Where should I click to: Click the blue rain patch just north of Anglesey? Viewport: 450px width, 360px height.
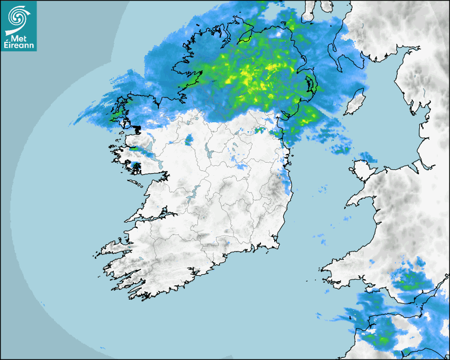click(x=366, y=157)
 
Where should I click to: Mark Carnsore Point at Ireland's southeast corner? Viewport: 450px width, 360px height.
click(x=277, y=245)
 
